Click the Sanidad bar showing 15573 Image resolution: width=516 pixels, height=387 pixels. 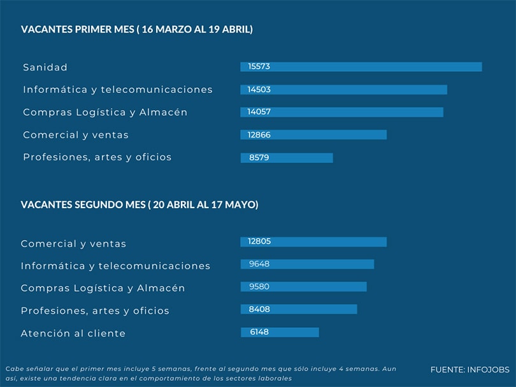pyautogui.click(x=361, y=67)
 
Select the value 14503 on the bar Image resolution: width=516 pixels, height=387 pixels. pyautogui.click(x=259, y=90)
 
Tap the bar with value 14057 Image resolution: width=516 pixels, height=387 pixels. pyautogui.click(x=341, y=112)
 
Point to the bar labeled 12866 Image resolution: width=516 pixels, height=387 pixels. pyautogui.click(x=313, y=135)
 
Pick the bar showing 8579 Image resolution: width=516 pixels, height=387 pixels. pyautogui.click(x=287, y=158)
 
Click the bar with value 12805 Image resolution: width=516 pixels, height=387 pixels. pyautogui.click(x=313, y=242)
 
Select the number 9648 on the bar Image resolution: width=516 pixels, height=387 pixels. pyautogui.click(x=259, y=264)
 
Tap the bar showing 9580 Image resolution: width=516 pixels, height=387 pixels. pyautogui.click(x=303, y=287)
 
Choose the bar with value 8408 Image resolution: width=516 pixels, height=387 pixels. pyautogui.click(x=299, y=309)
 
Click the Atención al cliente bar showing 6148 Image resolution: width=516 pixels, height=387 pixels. pyautogui.click(x=280, y=332)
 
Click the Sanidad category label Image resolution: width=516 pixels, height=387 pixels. pyautogui.click(x=45, y=67)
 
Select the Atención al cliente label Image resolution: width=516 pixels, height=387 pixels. pyautogui.click(x=73, y=334)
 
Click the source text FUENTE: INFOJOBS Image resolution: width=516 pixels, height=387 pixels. pyautogui.click(x=469, y=370)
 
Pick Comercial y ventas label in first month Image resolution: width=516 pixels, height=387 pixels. pyautogui.click(x=76, y=135)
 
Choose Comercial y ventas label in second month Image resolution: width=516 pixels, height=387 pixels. pyautogui.click(x=74, y=244)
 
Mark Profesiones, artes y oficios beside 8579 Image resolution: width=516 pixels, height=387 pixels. pyautogui.click(x=97, y=157)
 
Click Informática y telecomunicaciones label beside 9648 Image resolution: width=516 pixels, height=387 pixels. pyautogui.click(x=115, y=265)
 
